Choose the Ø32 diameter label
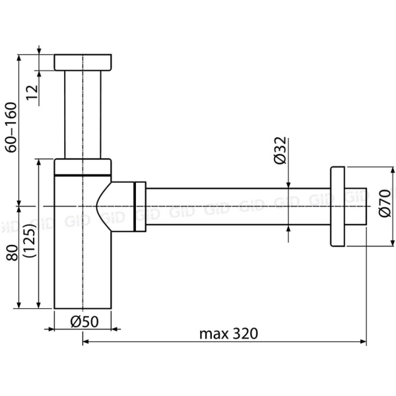280,152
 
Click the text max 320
228,333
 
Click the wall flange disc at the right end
337,207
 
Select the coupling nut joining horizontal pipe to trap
140,207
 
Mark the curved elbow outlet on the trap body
115,207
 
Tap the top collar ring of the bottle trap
82,166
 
